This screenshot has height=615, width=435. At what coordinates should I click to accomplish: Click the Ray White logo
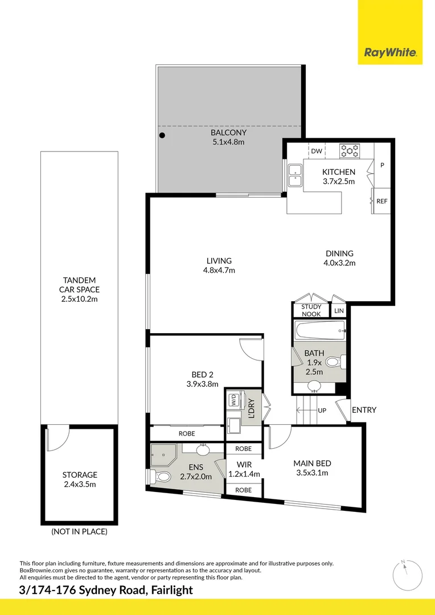(390, 53)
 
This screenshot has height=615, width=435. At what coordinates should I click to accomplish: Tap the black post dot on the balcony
(162, 136)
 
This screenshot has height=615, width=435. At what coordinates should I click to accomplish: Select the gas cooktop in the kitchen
(350, 151)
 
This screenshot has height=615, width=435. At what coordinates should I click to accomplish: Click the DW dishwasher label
(317, 151)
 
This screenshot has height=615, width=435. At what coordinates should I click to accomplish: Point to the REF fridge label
(381, 201)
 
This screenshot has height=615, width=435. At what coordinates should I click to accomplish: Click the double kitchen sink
(295, 176)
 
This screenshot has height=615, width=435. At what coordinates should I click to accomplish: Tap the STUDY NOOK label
(311, 310)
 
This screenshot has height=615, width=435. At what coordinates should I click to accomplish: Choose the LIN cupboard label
(339, 310)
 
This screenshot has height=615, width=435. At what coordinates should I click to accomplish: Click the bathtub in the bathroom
(319, 330)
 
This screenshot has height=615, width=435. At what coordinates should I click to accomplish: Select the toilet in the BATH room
(340, 361)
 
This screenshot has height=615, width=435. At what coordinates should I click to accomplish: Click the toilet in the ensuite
(161, 476)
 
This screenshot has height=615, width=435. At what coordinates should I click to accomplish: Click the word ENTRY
(364, 410)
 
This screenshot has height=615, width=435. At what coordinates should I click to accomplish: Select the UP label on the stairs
(322, 410)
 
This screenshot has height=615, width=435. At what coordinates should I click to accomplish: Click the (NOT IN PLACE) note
(79, 532)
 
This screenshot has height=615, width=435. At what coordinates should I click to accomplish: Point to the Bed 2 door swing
(251, 348)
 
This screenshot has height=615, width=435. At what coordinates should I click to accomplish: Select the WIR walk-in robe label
(244, 465)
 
